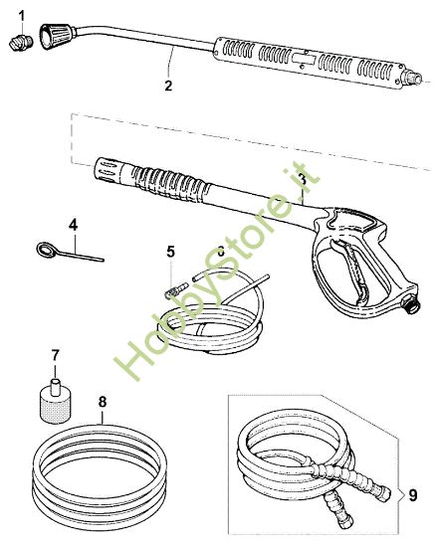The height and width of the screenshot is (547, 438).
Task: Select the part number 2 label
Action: (168, 86)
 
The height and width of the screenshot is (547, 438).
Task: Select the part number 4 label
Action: (73, 222)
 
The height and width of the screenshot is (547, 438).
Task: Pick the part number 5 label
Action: (170, 251)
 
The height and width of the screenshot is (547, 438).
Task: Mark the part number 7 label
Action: (55, 355)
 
